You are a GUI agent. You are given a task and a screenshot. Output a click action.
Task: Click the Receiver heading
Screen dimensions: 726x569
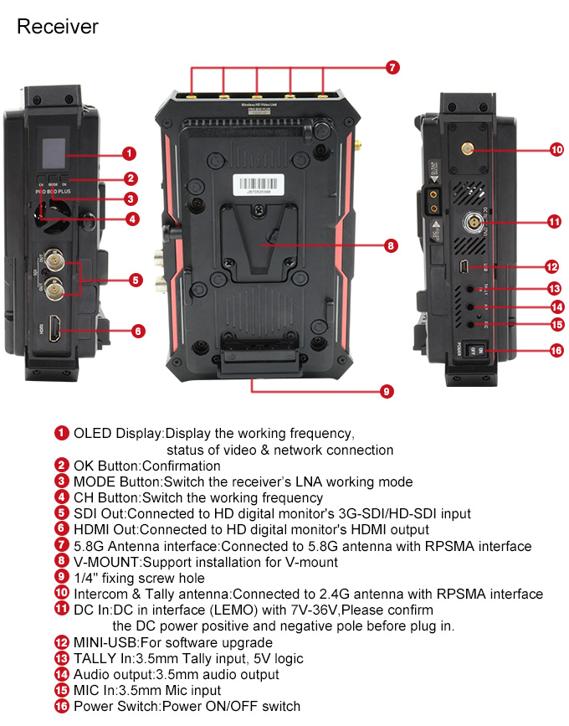58,27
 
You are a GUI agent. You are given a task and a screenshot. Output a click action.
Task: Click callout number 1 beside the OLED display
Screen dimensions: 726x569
129,153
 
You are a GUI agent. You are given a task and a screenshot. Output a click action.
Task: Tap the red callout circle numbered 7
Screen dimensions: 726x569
393,68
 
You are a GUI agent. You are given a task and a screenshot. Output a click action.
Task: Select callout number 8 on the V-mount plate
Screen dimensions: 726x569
391,246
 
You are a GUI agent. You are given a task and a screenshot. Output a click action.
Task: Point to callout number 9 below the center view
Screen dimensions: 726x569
386,391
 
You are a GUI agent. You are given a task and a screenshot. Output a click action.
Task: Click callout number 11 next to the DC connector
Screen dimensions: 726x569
553,222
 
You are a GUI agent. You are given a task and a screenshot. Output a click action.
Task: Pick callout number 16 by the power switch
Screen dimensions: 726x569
556,350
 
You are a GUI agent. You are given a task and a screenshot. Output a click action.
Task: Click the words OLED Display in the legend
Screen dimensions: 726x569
118,434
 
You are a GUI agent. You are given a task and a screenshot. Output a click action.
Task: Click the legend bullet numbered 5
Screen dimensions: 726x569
62,513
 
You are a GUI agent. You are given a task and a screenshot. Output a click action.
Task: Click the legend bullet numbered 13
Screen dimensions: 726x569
62,658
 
